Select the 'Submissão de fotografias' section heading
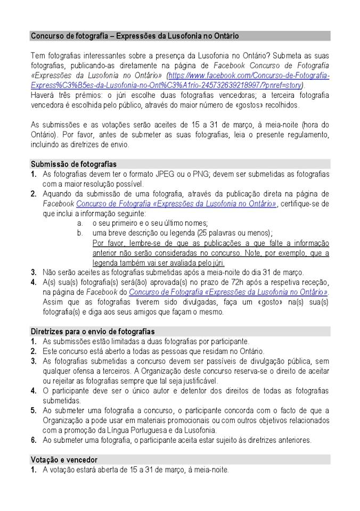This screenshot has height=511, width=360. click(x=73, y=164)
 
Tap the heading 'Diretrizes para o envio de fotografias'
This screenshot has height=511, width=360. click(x=93, y=331)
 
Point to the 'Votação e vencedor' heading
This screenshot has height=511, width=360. click(x=64, y=459)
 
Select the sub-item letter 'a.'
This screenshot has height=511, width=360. click(x=80, y=223)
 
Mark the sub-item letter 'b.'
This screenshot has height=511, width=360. click(x=80, y=233)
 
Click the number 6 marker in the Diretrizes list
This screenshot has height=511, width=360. click(x=34, y=440)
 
